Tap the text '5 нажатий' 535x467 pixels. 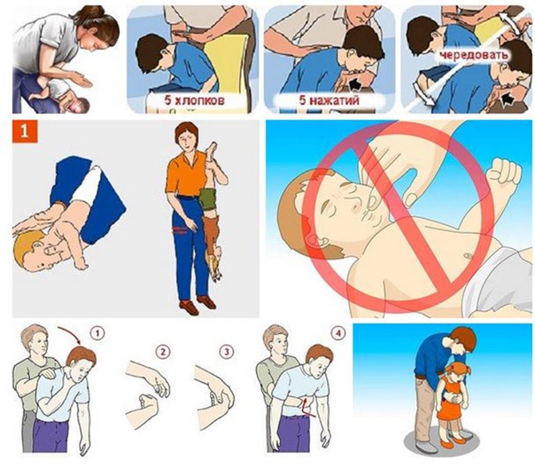point(329,101)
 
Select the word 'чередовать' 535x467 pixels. point(474,56)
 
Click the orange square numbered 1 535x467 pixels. point(24,131)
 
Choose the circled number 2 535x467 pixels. point(162,351)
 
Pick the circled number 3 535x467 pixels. point(227,351)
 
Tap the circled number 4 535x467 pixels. point(338,333)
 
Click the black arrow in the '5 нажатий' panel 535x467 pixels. point(354,83)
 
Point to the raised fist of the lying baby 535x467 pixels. point(504,174)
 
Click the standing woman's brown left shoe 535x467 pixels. point(189,307)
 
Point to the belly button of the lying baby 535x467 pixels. point(469,254)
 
